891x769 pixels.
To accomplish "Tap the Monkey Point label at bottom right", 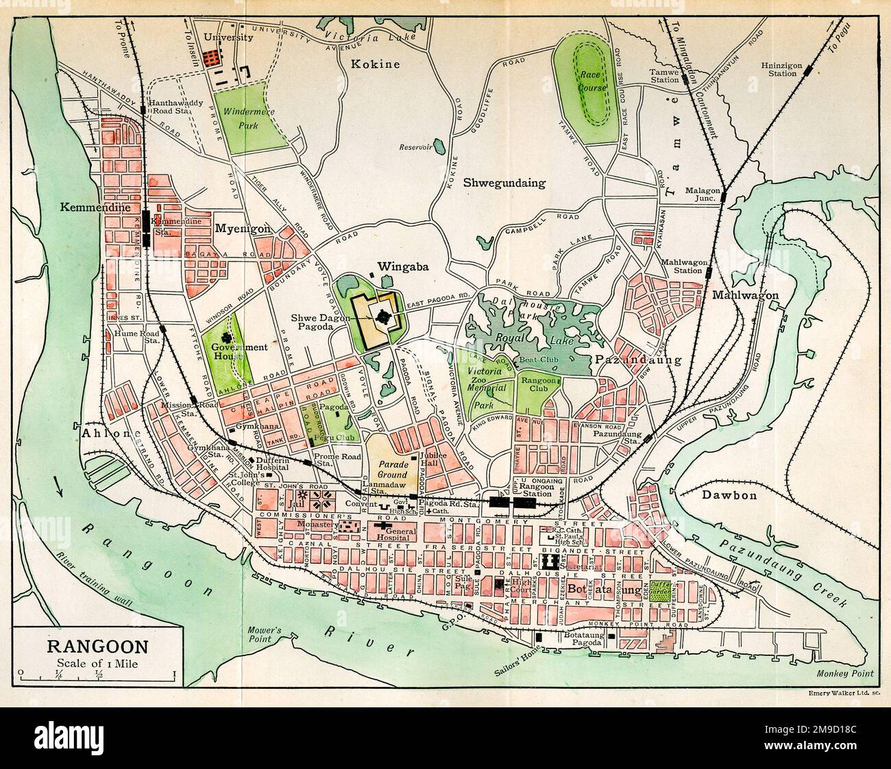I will [847, 674].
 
